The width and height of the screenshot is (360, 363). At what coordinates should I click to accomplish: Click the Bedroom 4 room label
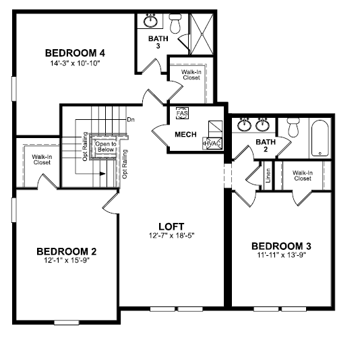(x=75, y=53)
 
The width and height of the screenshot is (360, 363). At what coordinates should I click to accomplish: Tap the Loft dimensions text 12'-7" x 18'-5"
(x=171, y=236)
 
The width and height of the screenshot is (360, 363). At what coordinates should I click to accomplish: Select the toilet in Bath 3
(x=175, y=24)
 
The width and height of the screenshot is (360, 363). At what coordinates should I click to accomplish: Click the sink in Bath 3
(x=151, y=21)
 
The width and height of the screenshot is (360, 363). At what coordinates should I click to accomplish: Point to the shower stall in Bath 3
(x=202, y=34)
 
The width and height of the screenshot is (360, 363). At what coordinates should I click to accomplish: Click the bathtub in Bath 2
(x=320, y=138)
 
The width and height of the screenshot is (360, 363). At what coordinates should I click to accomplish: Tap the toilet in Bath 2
(x=293, y=127)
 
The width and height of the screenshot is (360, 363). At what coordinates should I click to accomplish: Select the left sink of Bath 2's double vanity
(x=244, y=125)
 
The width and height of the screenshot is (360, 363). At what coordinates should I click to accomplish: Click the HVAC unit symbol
(x=212, y=143)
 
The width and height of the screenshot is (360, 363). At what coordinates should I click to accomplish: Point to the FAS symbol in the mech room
(x=182, y=113)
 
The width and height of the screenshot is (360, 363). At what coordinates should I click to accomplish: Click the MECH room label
(x=185, y=135)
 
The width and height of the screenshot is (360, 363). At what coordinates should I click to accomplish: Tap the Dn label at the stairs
(x=131, y=120)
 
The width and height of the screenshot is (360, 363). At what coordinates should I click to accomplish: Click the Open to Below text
(x=106, y=147)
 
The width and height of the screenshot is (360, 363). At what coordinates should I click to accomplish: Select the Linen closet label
(x=268, y=176)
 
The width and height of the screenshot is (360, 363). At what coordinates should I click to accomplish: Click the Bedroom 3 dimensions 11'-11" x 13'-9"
(x=281, y=255)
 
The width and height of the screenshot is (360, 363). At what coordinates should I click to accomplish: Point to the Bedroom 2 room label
(x=67, y=251)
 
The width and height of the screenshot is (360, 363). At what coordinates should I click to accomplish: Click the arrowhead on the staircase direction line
(x=102, y=174)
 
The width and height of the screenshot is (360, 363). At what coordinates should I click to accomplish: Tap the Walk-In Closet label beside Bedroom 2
(x=42, y=160)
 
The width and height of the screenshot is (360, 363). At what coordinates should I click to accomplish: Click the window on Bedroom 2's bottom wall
(x=67, y=322)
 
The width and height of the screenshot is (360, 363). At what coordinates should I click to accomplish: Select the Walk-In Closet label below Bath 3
(x=191, y=75)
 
